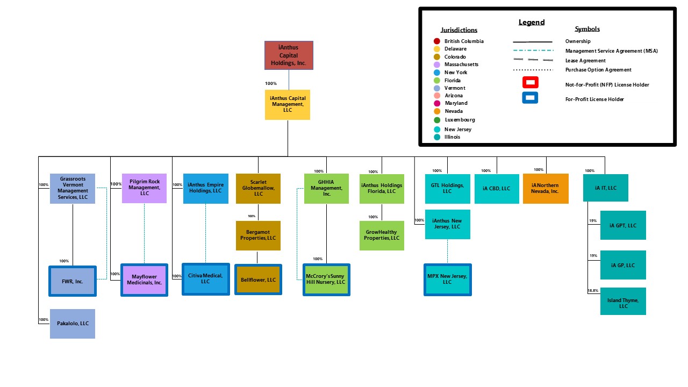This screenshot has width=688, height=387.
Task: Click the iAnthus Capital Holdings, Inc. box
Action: click(289, 55)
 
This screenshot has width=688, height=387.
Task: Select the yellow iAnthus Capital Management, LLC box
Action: click(288, 105)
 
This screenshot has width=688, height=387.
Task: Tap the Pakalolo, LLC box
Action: click(73, 324)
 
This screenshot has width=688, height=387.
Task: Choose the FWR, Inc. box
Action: click(73, 281)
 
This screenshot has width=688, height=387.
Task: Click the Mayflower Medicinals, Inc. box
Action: click(144, 279)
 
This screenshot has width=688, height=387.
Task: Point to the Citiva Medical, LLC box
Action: click(205, 279)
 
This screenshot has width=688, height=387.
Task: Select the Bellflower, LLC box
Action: click(258, 279)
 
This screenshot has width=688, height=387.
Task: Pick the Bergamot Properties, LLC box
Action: click(258, 235)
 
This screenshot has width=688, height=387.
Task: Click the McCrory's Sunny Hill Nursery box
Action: click(326, 279)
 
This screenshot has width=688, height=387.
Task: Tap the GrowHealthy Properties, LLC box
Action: click(382, 235)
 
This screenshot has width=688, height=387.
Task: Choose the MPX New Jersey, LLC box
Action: click(448, 279)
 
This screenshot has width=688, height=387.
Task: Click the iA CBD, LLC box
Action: click(497, 189)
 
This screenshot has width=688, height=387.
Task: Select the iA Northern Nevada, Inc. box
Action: click(546, 189)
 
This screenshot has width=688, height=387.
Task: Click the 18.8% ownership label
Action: click(592, 291)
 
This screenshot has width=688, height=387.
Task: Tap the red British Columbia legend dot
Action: click(437, 41)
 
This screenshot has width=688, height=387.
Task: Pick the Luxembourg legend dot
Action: click(437, 120)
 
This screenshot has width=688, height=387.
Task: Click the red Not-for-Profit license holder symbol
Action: click(530, 83)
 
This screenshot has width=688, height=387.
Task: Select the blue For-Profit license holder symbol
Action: click(530, 98)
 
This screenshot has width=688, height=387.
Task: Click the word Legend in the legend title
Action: click(531, 23)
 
